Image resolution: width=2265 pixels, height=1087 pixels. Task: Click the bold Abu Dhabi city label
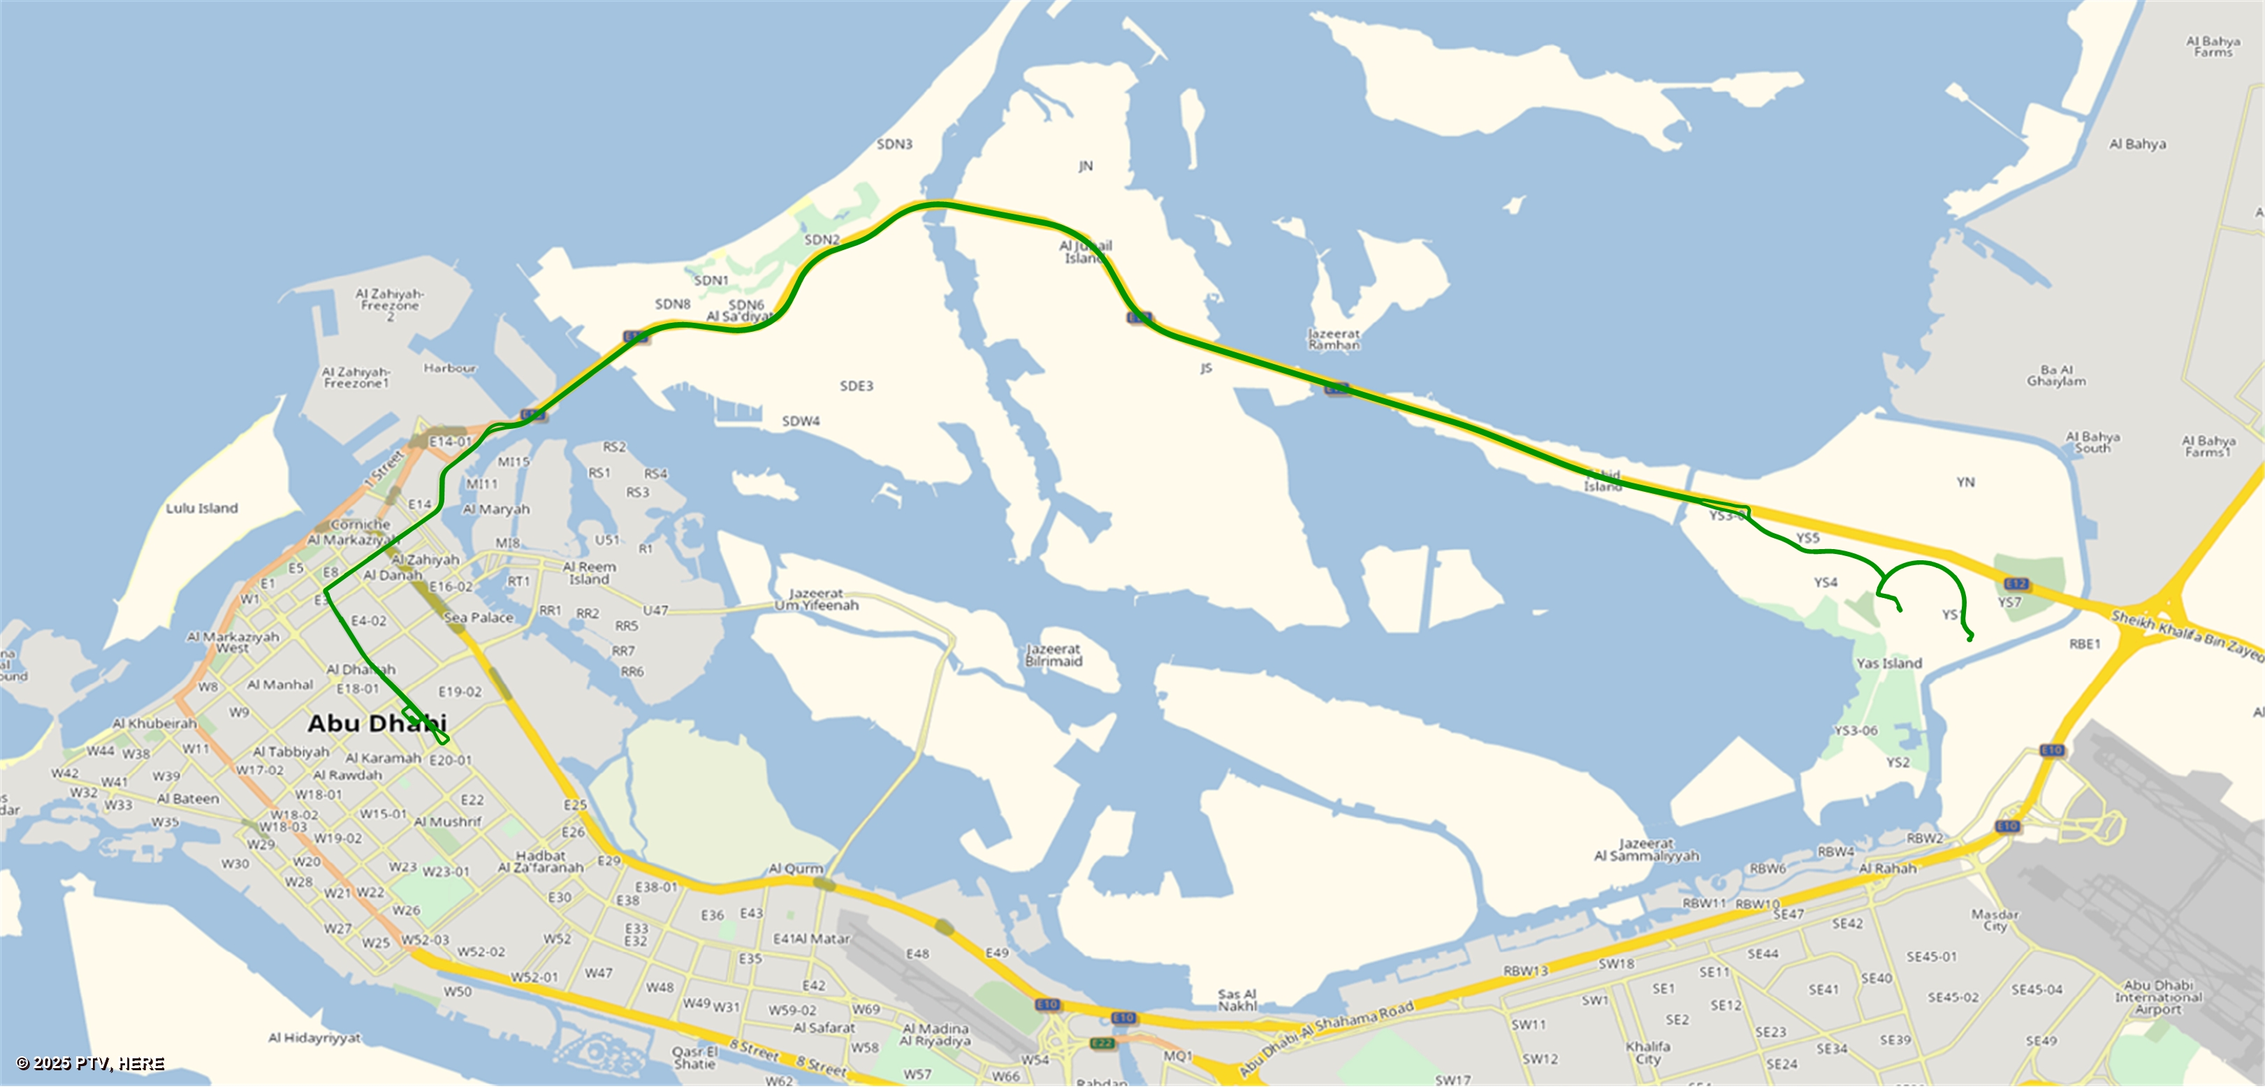pyautogui.click(x=377, y=724)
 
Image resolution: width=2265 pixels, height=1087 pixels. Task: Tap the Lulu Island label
pyautogui.click(x=201, y=509)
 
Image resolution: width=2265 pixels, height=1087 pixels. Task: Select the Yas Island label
pyautogui.click(x=1888, y=663)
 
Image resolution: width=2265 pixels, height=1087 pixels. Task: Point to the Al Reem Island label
pyautogui.click(x=589, y=574)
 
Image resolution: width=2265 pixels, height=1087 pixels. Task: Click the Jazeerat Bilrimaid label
pyautogui.click(x=1054, y=655)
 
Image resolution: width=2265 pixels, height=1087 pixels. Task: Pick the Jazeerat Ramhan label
pyautogui.click(x=1334, y=340)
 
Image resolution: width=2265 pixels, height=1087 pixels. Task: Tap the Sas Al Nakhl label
pyautogui.click(x=1237, y=1000)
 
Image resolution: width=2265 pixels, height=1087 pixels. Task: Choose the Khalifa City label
pyautogui.click(x=1648, y=1053)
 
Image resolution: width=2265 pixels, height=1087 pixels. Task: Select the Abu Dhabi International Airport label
pyautogui.click(x=2157, y=998)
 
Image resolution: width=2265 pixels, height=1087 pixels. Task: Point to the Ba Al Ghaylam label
pyautogui.click(x=2055, y=376)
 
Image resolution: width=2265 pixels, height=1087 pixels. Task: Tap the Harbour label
pyautogui.click(x=450, y=368)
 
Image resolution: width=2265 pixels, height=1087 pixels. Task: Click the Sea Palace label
pyautogui.click(x=479, y=618)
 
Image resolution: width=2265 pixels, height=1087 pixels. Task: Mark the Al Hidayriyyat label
pyautogui.click(x=314, y=1038)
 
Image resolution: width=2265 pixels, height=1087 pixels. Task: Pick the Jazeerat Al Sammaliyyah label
pyautogui.click(x=1646, y=849)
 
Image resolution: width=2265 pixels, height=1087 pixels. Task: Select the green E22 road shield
pyautogui.click(x=1102, y=1043)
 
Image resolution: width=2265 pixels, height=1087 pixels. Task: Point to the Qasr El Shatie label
pyautogui.click(x=694, y=1058)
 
